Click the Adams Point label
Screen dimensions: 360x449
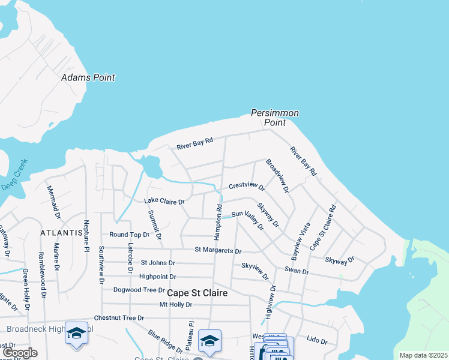[x=88, y=77]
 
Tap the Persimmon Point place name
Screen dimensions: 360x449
[x=274, y=118]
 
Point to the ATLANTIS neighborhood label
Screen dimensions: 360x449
[x=61, y=232]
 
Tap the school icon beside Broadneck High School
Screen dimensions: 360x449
[x=77, y=334]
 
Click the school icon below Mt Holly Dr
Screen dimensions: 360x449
[x=209, y=341]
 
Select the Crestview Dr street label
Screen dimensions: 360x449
[x=247, y=187]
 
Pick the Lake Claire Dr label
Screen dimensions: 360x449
[x=164, y=202]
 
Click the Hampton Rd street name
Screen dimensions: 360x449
[x=220, y=220]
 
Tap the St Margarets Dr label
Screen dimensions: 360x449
[x=218, y=250]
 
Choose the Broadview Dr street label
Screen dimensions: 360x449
[x=277, y=175]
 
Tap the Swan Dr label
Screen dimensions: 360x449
[x=297, y=271]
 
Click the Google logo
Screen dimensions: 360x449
[x=19, y=353]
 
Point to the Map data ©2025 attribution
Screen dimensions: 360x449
[x=423, y=355]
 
